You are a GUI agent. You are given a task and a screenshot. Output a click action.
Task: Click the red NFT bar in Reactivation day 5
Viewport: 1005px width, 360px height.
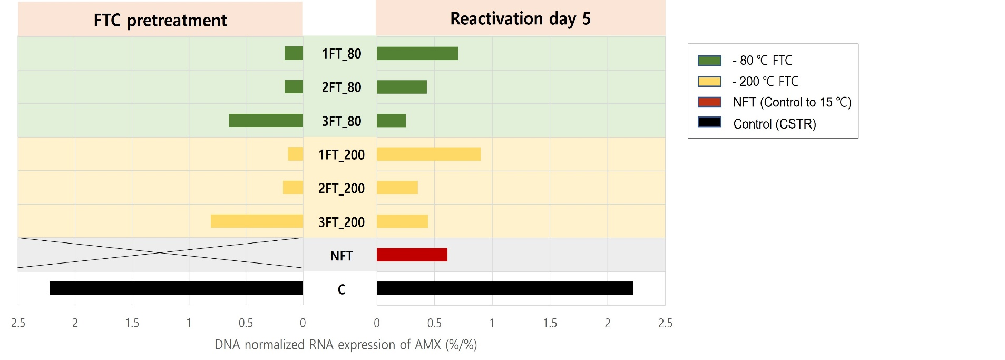[x=412, y=255]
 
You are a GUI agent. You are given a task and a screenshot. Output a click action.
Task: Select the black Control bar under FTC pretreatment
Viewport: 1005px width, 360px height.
[x=176, y=288]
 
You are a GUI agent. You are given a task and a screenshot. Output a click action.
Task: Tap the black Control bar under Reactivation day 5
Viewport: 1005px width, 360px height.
[x=504, y=288]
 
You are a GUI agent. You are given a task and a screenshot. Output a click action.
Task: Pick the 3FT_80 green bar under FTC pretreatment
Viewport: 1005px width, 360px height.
[x=266, y=121]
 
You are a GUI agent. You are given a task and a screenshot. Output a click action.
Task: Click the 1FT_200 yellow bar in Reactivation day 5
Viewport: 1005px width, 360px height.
[x=428, y=154]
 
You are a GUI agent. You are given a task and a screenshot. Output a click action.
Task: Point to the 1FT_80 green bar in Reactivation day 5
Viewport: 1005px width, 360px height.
[x=417, y=53]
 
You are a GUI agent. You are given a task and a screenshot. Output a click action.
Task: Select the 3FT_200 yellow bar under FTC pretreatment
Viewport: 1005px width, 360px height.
[x=257, y=221]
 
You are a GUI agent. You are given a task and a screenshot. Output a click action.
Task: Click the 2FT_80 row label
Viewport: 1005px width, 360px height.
[x=341, y=87]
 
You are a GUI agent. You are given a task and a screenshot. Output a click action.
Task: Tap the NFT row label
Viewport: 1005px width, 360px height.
[x=341, y=256]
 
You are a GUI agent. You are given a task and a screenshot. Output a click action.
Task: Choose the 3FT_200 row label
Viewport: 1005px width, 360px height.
[x=341, y=222]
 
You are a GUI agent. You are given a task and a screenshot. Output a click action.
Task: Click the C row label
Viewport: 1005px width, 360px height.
[x=341, y=289]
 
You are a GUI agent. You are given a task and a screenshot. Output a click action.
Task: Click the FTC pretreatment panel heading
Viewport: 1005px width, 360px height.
[x=160, y=20]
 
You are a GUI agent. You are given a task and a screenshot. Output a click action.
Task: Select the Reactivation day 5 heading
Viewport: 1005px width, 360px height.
[x=520, y=19]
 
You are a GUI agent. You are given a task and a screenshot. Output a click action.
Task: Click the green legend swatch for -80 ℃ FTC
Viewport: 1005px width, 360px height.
[x=709, y=61]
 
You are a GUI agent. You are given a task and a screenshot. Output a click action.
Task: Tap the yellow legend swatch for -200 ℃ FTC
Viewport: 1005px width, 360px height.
[x=709, y=82]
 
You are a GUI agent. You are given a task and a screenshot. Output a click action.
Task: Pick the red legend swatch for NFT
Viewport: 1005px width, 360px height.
[x=709, y=102]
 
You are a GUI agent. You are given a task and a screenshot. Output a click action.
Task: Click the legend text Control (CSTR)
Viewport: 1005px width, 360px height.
[x=775, y=124]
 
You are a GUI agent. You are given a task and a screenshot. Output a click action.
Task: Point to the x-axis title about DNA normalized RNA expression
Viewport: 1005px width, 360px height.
[x=346, y=345]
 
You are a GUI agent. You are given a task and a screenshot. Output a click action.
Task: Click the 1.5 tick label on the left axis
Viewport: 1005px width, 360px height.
[x=132, y=323]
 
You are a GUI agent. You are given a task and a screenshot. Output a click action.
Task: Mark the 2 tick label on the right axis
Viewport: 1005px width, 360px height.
[x=607, y=323]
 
